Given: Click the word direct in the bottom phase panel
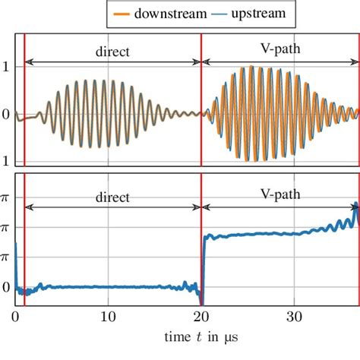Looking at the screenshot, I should click(x=112, y=196).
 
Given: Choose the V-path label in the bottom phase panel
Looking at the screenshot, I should click(x=280, y=194).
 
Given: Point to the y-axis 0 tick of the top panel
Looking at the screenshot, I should click(x=6, y=114).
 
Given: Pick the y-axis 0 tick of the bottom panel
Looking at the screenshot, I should click(x=6, y=288).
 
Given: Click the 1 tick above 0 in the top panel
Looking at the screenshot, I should click(x=6, y=67).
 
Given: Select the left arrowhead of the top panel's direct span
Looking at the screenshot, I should click(x=28, y=60).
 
